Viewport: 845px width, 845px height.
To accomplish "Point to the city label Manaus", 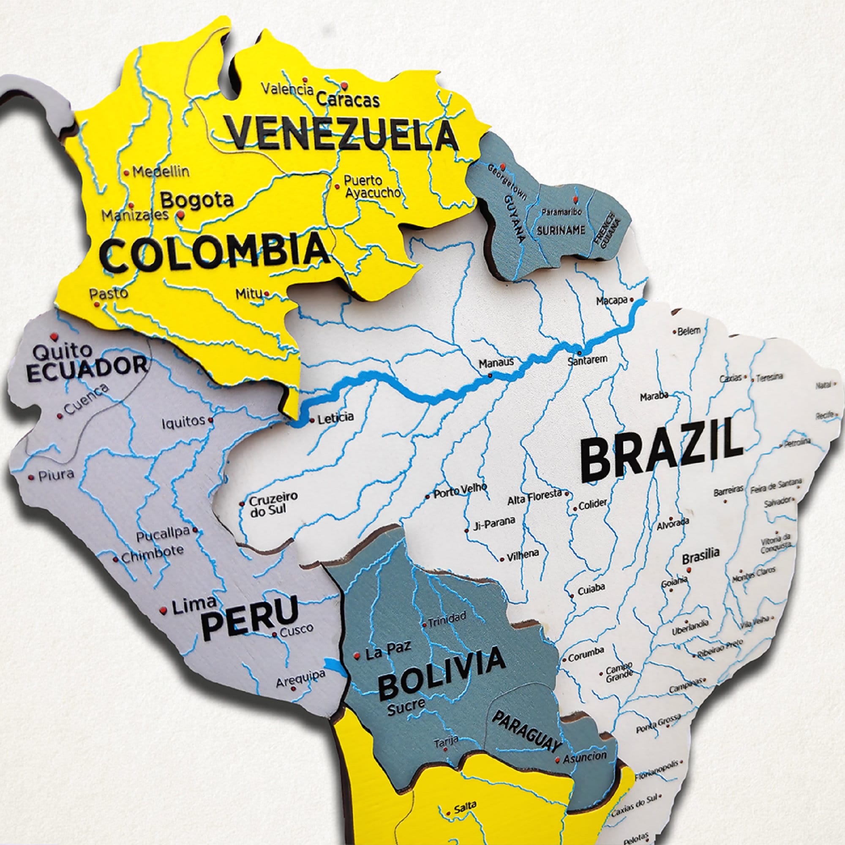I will pos(496,363).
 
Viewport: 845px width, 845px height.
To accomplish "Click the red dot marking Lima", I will pos(163,610).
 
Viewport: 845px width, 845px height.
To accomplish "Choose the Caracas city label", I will pos(348,100).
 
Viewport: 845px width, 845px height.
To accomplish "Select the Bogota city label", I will pos(197,201).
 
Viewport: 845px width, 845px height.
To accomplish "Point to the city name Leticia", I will pos(335,417).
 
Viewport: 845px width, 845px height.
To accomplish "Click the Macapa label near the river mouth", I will pos(612,301).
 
